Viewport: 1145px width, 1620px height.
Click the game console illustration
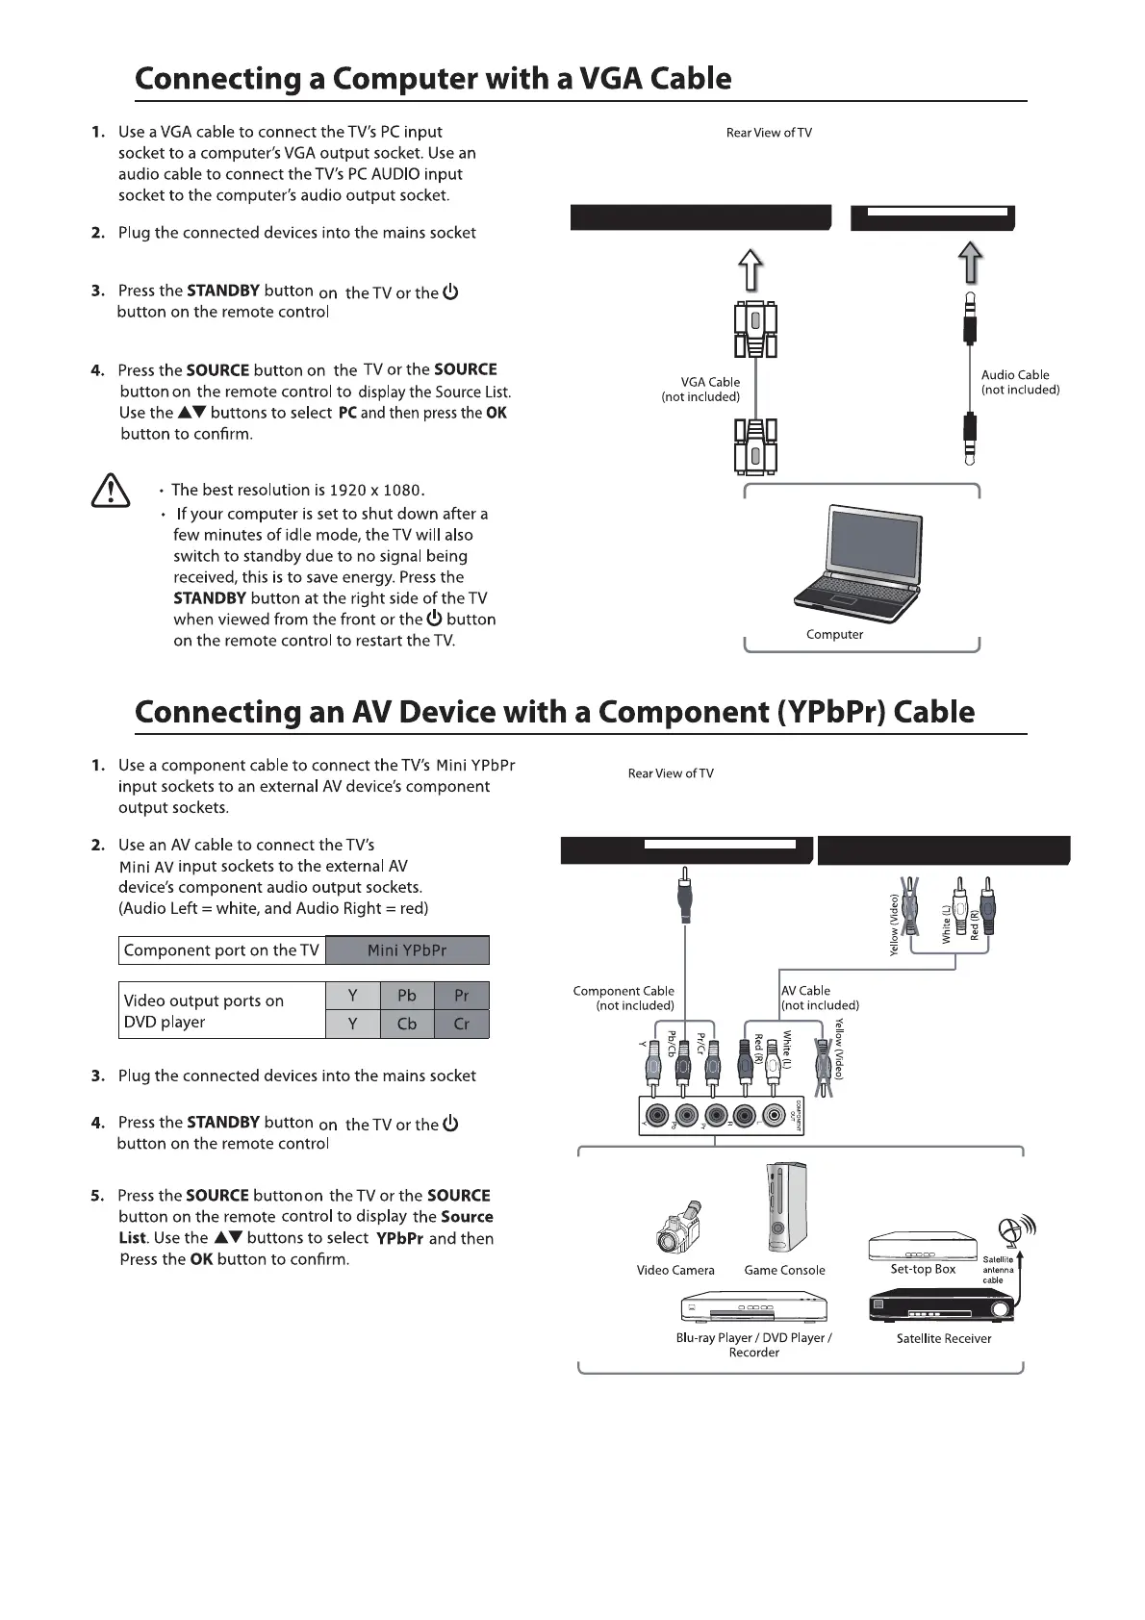click(786, 1207)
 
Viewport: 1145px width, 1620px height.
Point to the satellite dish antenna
click(1012, 1230)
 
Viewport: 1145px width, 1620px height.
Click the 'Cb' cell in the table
click(407, 1024)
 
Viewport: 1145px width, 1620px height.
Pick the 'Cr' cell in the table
click(462, 1024)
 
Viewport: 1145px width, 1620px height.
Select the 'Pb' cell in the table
click(407, 996)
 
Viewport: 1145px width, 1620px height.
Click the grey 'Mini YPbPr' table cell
click(407, 950)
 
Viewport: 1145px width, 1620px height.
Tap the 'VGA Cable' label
click(710, 382)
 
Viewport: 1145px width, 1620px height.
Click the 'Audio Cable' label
click(1015, 375)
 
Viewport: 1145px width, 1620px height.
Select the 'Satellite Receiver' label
click(943, 1338)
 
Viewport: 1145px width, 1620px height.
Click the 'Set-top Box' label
click(923, 1269)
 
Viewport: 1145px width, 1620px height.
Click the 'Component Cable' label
click(623, 991)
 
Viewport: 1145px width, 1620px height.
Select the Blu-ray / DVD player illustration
click(753, 1309)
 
